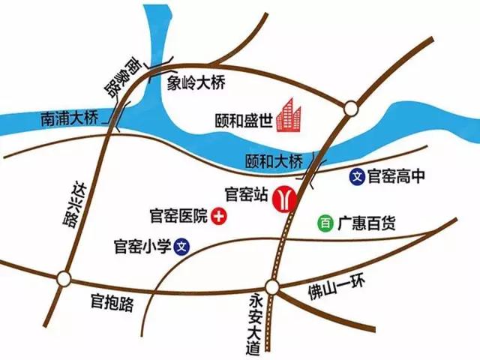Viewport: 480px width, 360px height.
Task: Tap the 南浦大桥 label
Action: point(69,118)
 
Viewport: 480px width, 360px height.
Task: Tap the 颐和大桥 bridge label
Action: point(274,160)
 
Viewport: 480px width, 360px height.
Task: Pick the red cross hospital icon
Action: point(220,217)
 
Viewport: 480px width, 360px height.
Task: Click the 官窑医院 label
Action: point(179,217)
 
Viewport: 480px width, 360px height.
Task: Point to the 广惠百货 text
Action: point(366,223)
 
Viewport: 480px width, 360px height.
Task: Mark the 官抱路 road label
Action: point(112,303)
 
